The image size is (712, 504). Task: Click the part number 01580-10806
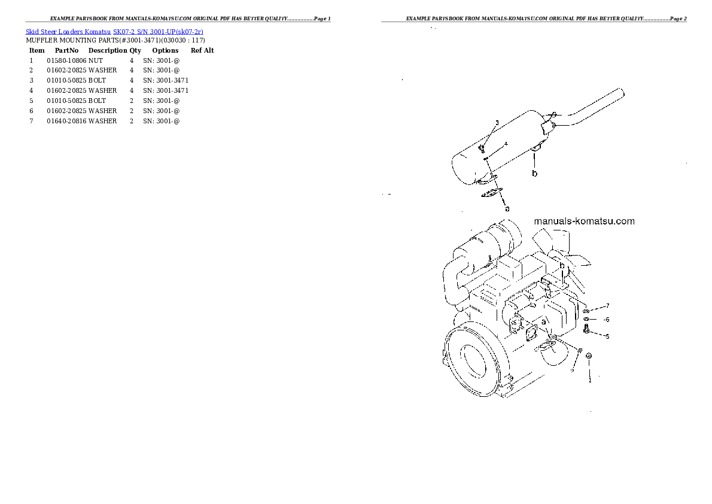pos(66,60)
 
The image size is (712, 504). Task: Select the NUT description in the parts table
pos(96,60)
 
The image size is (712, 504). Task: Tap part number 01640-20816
pos(66,121)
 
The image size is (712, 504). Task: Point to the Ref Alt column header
pos(202,50)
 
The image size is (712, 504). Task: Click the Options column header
pos(165,50)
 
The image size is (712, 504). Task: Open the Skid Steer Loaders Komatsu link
pos(68,32)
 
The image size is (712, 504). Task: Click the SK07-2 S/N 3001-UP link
pos(159,32)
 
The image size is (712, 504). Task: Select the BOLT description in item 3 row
pos(97,80)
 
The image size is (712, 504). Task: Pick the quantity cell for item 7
pos(132,121)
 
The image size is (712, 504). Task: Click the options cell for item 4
pos(166,90)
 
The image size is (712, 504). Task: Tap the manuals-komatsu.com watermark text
pos(584,221)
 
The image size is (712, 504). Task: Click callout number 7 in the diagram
pos(607,306)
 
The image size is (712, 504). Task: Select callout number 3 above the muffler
pos(497,123)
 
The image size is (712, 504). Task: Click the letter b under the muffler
pos(535,174)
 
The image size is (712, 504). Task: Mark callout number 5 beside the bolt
pos(607,336)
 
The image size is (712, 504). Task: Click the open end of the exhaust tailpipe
pos(620,93)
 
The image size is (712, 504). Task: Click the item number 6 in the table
pos(31,111)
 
